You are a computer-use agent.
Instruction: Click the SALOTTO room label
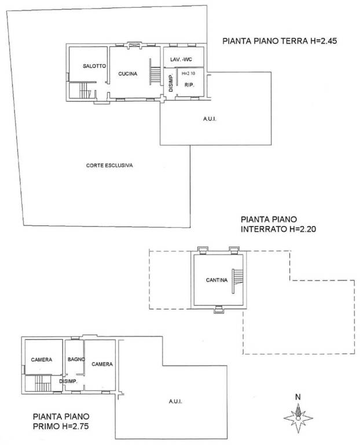(94, 66)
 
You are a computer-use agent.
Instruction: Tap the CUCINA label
(127, 74)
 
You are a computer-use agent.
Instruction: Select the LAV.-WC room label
(181, 59)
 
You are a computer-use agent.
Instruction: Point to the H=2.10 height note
(189, 73)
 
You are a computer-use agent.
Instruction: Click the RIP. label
(189, 85)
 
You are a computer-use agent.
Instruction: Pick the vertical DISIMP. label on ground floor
(171, 83)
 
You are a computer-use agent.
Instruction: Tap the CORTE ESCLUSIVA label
(109, 165)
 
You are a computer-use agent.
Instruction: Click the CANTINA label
(216, 280)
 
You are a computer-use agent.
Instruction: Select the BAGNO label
(76, 359)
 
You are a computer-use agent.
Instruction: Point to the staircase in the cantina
(237, 281)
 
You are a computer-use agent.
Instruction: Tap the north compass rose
(298, 418)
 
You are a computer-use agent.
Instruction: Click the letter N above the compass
(298, 397)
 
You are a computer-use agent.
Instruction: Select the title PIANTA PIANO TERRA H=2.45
(280, 41)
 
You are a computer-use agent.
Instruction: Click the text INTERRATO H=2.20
(278, 229)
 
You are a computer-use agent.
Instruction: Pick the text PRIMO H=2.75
(61, 426)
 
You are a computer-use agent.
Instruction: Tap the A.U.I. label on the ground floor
(210, 119)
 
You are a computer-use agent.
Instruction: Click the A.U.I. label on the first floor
(175, 402)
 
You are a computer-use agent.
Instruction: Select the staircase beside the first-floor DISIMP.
(42, 383)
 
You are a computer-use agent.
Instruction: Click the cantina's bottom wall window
(218, 309)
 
